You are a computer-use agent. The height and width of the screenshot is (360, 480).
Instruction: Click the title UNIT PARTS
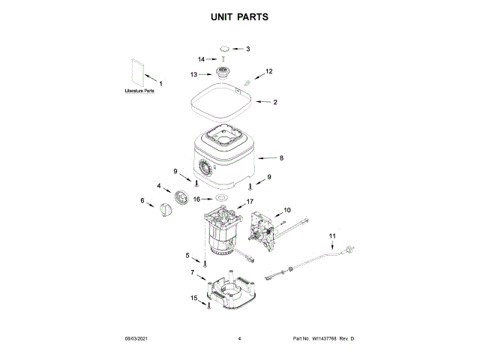(239, 16)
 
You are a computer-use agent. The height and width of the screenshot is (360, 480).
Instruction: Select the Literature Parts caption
(140, 91)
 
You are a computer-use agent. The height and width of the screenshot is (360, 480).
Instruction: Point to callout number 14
(202, 59)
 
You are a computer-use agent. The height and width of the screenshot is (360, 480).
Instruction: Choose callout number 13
(193, 74)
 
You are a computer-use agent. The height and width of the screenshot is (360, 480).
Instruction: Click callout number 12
(268, 71)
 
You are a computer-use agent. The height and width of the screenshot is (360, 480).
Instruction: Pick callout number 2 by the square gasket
(275, 102)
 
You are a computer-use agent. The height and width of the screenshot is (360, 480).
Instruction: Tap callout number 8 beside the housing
(281, 158)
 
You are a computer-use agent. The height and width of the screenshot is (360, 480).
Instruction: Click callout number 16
(197, 199)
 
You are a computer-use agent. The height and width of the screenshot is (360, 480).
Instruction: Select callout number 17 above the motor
(250, 201)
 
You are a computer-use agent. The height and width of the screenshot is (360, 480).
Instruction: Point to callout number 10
(286, 211)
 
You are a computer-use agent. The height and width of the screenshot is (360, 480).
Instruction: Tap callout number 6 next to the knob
(142, 200)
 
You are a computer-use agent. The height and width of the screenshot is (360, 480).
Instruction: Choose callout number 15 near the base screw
(194, 298)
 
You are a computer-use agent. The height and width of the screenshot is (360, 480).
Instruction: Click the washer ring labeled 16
(221, 199)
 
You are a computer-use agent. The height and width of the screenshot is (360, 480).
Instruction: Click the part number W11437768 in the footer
(323, 340)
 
